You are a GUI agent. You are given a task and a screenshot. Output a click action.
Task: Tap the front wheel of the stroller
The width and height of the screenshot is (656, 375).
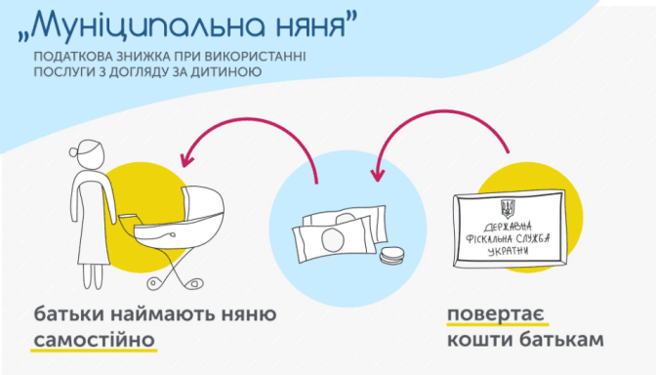click(x=193, y=283)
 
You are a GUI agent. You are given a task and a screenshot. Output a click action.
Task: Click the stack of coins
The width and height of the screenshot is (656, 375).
click(x=392, y=256)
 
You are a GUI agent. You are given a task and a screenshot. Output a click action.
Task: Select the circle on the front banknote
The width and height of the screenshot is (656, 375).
click(x=333, y=240)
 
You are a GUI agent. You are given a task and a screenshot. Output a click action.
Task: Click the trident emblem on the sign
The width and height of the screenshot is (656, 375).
click(x=508, y=209)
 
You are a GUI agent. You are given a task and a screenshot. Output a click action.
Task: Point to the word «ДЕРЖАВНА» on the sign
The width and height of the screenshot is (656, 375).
click(x=508, y=228)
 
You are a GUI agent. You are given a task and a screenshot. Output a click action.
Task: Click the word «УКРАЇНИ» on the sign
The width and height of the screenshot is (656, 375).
click(x=508, y=251)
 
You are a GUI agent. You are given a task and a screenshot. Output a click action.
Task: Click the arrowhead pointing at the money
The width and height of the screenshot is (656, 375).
click(x=378, y=175)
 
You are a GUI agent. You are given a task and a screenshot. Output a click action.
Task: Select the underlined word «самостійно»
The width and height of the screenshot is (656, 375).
click(x=94, y=340)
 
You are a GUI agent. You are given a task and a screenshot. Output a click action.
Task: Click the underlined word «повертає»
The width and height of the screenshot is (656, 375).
click(x=495, y=313)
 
